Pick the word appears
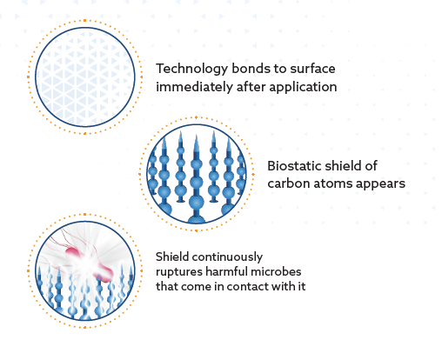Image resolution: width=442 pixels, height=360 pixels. point(384,184)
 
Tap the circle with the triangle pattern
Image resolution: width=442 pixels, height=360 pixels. point(84,77)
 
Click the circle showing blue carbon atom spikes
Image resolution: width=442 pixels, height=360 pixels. point(194,174)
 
